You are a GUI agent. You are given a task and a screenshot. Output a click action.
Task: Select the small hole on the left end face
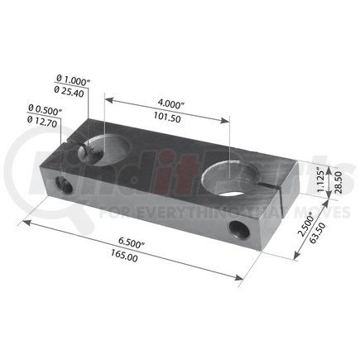click(x=60, y=178)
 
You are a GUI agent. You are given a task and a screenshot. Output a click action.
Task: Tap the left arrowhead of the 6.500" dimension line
click(x=26, y=221)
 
